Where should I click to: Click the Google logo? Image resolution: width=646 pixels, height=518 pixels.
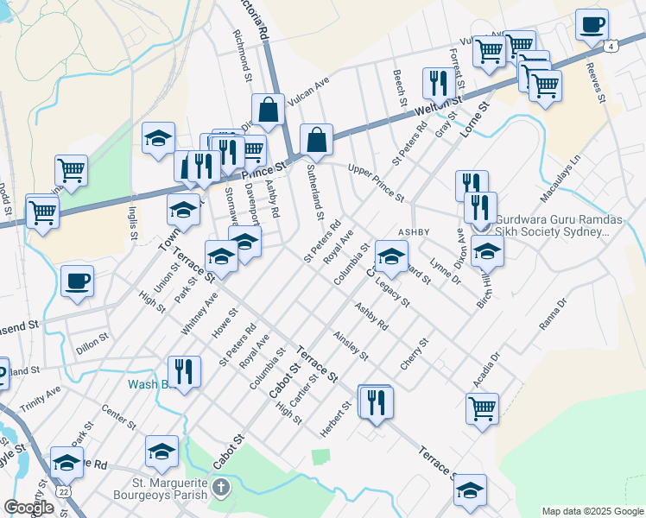pos(29,508)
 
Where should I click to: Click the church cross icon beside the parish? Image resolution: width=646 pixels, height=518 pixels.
pos(221,490)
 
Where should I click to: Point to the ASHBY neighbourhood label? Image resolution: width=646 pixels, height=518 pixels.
pos(414,232)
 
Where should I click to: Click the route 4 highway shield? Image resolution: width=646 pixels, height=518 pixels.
pos(611,46)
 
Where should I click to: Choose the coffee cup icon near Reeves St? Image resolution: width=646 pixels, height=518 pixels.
pos(592,25)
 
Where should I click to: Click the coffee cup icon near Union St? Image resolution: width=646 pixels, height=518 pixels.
pos(78,281)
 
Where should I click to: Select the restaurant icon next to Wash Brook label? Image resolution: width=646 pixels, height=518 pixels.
pos(184,372)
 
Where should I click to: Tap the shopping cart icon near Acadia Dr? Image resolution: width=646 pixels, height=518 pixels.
pos(482,408)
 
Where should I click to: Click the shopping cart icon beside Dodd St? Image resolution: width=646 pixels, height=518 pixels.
pos(41,210)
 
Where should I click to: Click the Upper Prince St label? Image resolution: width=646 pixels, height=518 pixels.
pos(376,182)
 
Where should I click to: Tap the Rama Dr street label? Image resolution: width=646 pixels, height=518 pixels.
pos(550,317)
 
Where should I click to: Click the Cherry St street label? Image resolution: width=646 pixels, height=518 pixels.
pos(415,355)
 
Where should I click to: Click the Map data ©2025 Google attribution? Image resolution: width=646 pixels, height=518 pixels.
pos(592,511)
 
